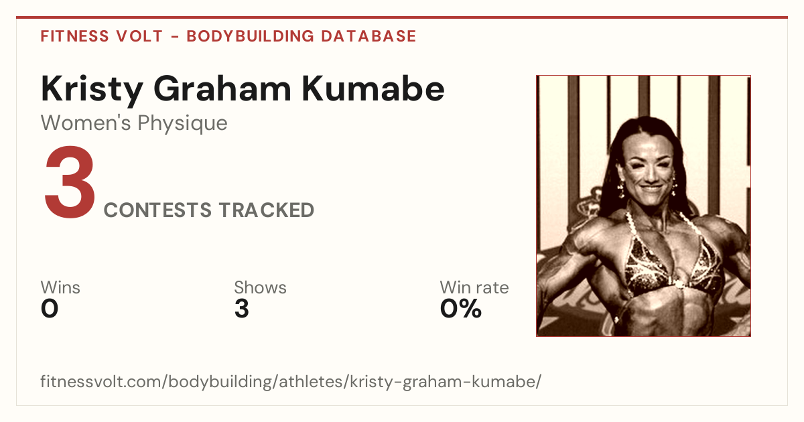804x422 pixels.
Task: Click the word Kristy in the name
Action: tap(92, 90)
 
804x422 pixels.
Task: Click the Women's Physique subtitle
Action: tap(134, 123)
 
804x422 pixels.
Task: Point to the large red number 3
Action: tap(70, 182)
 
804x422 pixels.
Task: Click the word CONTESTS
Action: tap(157, 210)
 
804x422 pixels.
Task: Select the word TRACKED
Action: tap(267, 210)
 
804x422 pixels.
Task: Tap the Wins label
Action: tap(60, 287)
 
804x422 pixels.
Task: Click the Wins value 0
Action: tap(50, 309)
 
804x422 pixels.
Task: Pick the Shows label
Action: tap(260, 287)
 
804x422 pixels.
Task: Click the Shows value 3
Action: tap(242, 309)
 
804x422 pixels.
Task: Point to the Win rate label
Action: tap(474, 287)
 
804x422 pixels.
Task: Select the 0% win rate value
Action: tap(461, 309)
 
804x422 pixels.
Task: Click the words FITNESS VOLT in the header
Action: tap(102, 36)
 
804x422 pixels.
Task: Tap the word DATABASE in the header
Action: tap(368, 36)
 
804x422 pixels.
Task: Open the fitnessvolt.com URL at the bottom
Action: tap(291, 381)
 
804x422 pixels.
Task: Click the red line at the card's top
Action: tap(402, 17)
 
